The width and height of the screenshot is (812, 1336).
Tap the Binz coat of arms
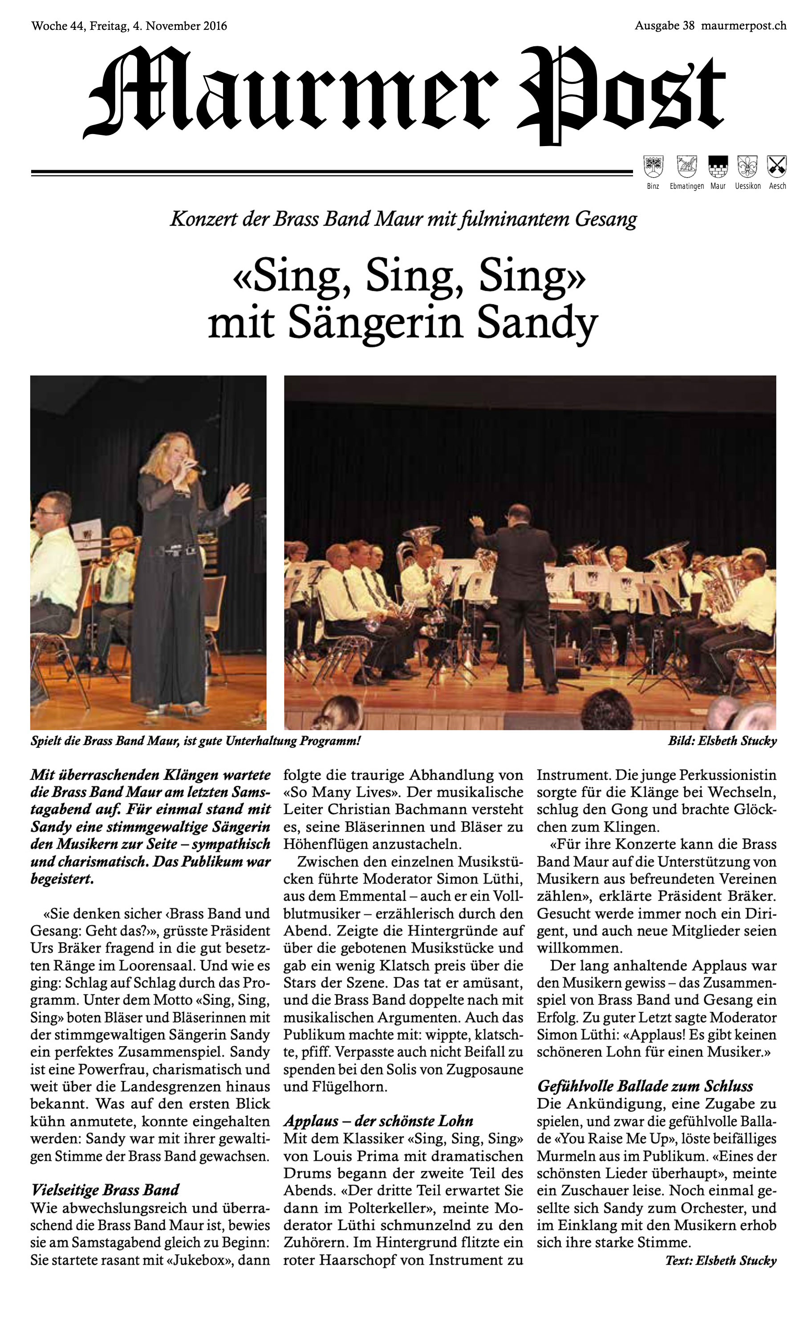tap(653, 167)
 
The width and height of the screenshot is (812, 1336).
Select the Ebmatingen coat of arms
tap(686, 167)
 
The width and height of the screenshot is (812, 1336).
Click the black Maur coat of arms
tap(718, 167)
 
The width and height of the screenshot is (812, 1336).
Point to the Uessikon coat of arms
tap(747, 167)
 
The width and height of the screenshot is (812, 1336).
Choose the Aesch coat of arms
tap(777, 167)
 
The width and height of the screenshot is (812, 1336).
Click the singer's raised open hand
tap(237, 496)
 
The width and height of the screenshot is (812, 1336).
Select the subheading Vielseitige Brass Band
tap(105, 1189)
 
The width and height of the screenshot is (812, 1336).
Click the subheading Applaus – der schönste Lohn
tap(378, 1121)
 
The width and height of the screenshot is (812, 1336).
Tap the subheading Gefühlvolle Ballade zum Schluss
tap(645, 1086)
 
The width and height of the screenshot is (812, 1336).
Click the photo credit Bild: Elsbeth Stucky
tap(722, 741)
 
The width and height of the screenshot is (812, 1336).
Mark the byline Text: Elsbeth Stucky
tap(721, 1260)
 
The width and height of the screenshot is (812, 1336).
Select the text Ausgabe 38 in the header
tap(665, 25)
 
